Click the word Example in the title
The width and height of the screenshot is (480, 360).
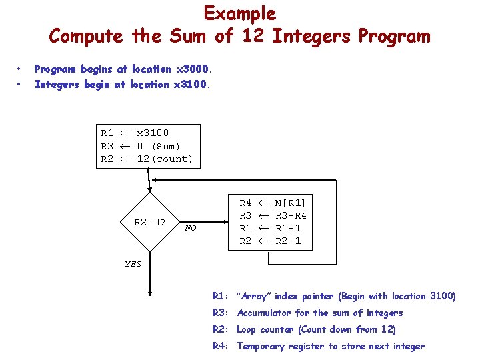[239, 13]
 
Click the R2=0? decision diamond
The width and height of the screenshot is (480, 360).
[150, 222]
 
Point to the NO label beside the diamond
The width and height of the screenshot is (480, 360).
[191, 228]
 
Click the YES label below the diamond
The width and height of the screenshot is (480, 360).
[133, 264]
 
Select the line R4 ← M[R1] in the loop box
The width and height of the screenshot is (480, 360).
[272, 203]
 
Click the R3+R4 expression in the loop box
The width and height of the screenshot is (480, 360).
[291, 215]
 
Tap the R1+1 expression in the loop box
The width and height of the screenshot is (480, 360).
[288, 228]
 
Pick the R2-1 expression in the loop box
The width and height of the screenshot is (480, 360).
[288, 241]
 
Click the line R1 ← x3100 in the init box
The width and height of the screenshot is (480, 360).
[135, 133]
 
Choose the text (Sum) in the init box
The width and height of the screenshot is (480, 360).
[166, 146]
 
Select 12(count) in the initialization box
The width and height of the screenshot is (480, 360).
[165, 159]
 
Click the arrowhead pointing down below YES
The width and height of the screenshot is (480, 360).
[150, 291]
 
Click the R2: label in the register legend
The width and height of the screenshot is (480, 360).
[221, 329]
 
